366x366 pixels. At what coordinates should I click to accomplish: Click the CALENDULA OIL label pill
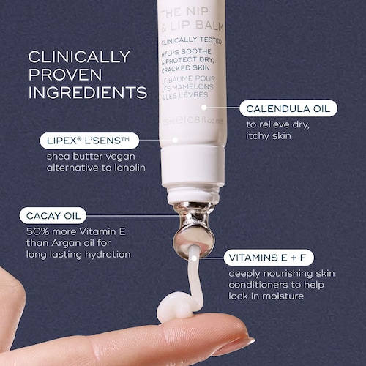coord(288,108)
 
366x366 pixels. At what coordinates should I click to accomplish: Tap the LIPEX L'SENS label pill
coord(89,141)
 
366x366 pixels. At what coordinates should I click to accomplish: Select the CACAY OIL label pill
coord(53,215)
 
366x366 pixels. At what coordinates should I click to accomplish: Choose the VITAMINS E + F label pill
coord(269,258)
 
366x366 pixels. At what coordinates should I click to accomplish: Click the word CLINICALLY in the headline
coord(79,56)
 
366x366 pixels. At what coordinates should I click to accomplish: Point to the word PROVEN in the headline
coord(65,75)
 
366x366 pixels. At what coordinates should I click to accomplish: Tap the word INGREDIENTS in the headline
coord(88,92)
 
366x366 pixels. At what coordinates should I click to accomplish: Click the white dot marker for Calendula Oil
coord(204,107)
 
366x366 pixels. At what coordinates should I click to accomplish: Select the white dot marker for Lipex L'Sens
coord(175,140)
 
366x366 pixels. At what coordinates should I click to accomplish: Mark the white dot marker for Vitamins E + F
coord(194,258)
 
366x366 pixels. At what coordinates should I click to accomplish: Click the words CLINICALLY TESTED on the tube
coord(191,41)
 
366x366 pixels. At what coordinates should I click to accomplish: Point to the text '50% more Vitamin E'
coord(76,231)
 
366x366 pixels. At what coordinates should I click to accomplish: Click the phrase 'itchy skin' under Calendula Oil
coord(269,135)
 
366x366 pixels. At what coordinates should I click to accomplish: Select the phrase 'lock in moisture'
coord(266,296)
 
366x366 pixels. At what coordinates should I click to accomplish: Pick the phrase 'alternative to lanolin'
coord(96,168)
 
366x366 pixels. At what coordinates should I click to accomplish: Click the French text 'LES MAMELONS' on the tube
coord(187,87)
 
